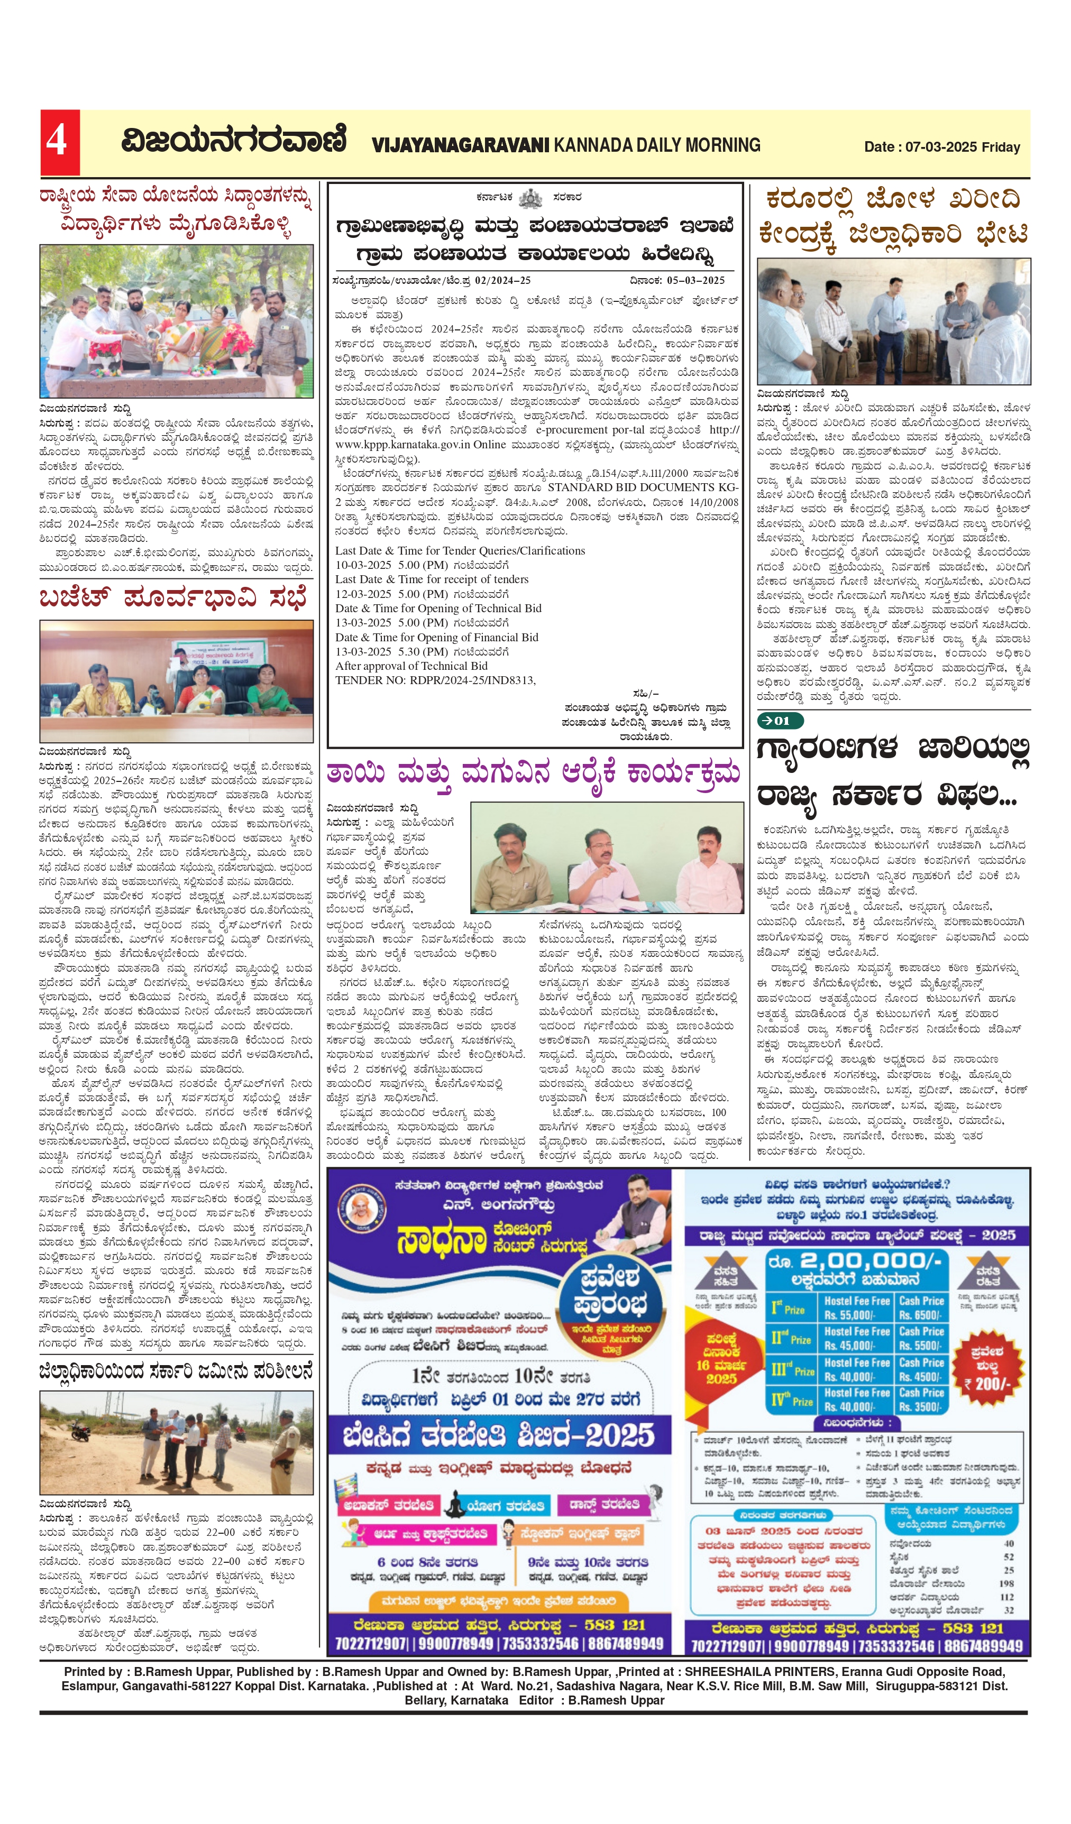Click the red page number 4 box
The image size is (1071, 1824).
59,142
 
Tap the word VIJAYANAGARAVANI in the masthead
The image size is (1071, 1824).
461,145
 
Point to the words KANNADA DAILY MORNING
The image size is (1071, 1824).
657,145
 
